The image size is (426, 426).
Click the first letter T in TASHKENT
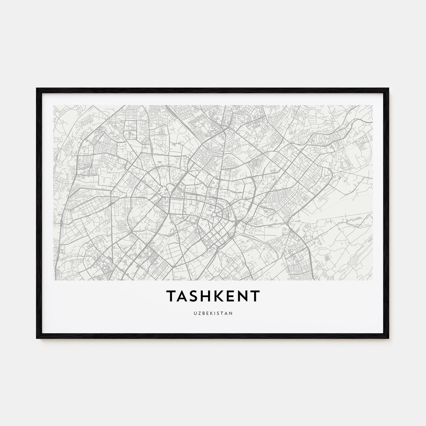point(171,296)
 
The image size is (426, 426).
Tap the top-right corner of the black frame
point(389,89)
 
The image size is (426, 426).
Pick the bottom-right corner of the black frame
point(389,339)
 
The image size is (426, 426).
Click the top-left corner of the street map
point(53,105)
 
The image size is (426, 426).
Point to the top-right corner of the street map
point(373,105)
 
